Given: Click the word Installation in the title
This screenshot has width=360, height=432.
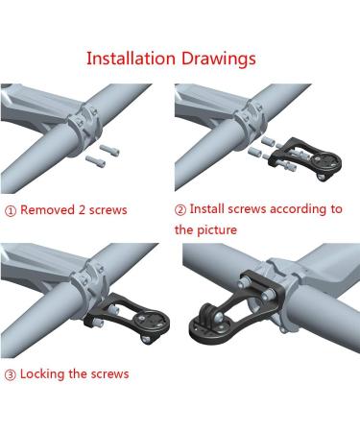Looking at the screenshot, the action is [132, 59].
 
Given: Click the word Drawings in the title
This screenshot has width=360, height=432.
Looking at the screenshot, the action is [219, 60].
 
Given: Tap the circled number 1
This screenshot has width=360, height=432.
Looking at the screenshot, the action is [11, 211].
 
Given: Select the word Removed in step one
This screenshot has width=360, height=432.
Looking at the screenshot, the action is [47, 210].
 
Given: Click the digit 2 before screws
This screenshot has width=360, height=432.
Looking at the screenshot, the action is [82, 210].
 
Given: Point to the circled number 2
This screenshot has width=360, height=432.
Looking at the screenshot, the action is [180, 210].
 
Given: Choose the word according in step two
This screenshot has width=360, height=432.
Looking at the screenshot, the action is [299, 210].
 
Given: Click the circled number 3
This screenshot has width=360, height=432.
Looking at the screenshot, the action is [11, 374].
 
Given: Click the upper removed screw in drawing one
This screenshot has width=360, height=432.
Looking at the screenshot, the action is [109, 149].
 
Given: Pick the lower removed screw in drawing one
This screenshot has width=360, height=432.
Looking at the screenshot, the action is [95, 160].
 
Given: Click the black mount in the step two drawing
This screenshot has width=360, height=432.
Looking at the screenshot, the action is [304, 158].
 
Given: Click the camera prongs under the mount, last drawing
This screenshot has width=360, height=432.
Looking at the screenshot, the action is [209, 315].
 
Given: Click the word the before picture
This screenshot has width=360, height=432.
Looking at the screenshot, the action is [184, 229].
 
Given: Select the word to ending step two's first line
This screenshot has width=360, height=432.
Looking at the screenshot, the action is [337, 209].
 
